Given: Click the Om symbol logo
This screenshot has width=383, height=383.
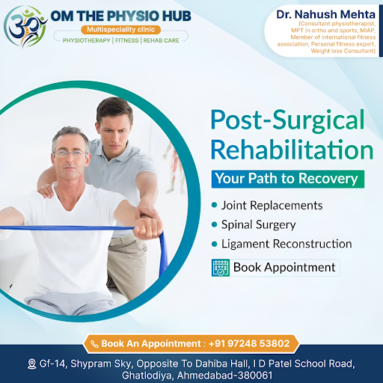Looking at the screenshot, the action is point(25,26).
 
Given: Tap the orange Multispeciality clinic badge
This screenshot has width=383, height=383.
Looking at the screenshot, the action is point(120,30).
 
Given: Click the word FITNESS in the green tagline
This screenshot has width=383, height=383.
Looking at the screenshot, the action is point(127,40).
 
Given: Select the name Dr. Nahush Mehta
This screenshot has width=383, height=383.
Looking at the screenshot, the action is point(325,14).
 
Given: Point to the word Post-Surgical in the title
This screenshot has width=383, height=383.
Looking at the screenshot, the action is point(287,120).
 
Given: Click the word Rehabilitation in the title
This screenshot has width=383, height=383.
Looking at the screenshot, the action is point(292,150).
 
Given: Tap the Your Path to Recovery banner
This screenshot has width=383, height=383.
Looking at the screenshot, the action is point(288,179).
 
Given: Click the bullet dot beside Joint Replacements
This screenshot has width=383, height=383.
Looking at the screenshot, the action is point(214,205).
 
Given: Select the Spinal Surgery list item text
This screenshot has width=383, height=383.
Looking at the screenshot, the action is point(259,224).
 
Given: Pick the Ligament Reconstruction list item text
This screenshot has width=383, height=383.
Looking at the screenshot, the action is point(287,244).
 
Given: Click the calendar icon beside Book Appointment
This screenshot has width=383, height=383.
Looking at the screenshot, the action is point(221,268).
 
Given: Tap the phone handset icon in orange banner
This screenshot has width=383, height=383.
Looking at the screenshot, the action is point(94,344).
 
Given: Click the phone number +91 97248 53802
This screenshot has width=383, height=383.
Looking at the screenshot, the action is point(249,343).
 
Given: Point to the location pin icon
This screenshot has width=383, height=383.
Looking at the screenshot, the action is point(31,364).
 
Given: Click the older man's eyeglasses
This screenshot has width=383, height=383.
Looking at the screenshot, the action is point(70,153).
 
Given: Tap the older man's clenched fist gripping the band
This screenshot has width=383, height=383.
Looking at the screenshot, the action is point(147,228).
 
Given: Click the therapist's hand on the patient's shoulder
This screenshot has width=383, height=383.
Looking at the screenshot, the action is point(46,191).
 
